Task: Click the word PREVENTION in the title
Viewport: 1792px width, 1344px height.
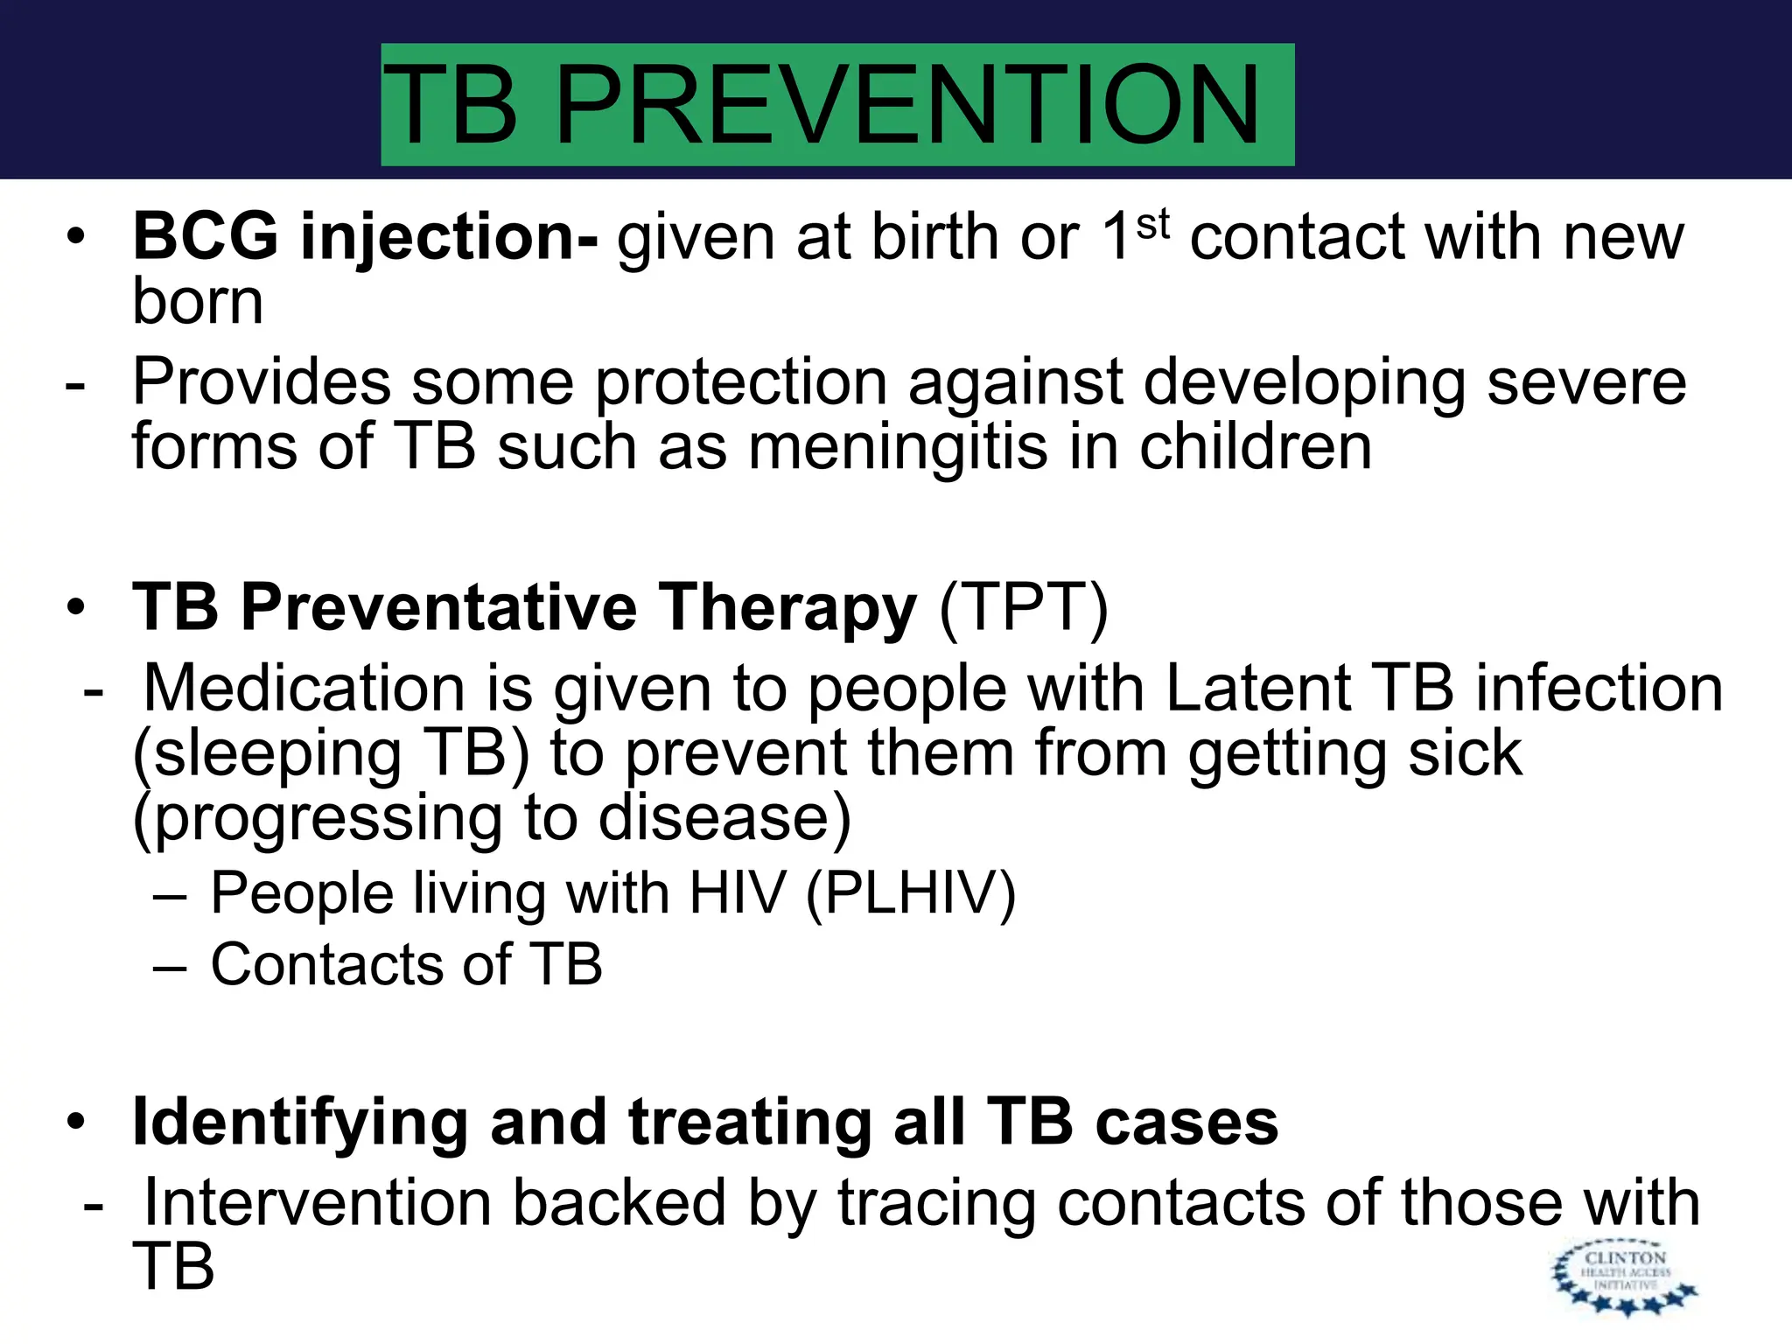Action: coord(907,105)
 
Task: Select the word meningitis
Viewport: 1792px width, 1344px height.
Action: coord(898,447)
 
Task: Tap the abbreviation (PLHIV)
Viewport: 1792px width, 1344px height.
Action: coord(910,893)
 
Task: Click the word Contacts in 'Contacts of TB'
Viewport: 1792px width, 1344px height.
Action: coord(325,964)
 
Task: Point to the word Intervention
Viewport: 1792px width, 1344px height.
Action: coord(317,1202)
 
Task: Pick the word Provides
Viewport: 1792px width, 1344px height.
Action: coord(261,382)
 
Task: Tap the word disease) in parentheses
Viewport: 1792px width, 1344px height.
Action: coord(725,818)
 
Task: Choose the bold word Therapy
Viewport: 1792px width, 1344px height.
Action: coord(787,608)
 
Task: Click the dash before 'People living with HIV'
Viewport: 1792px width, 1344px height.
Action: coord(169,896)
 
